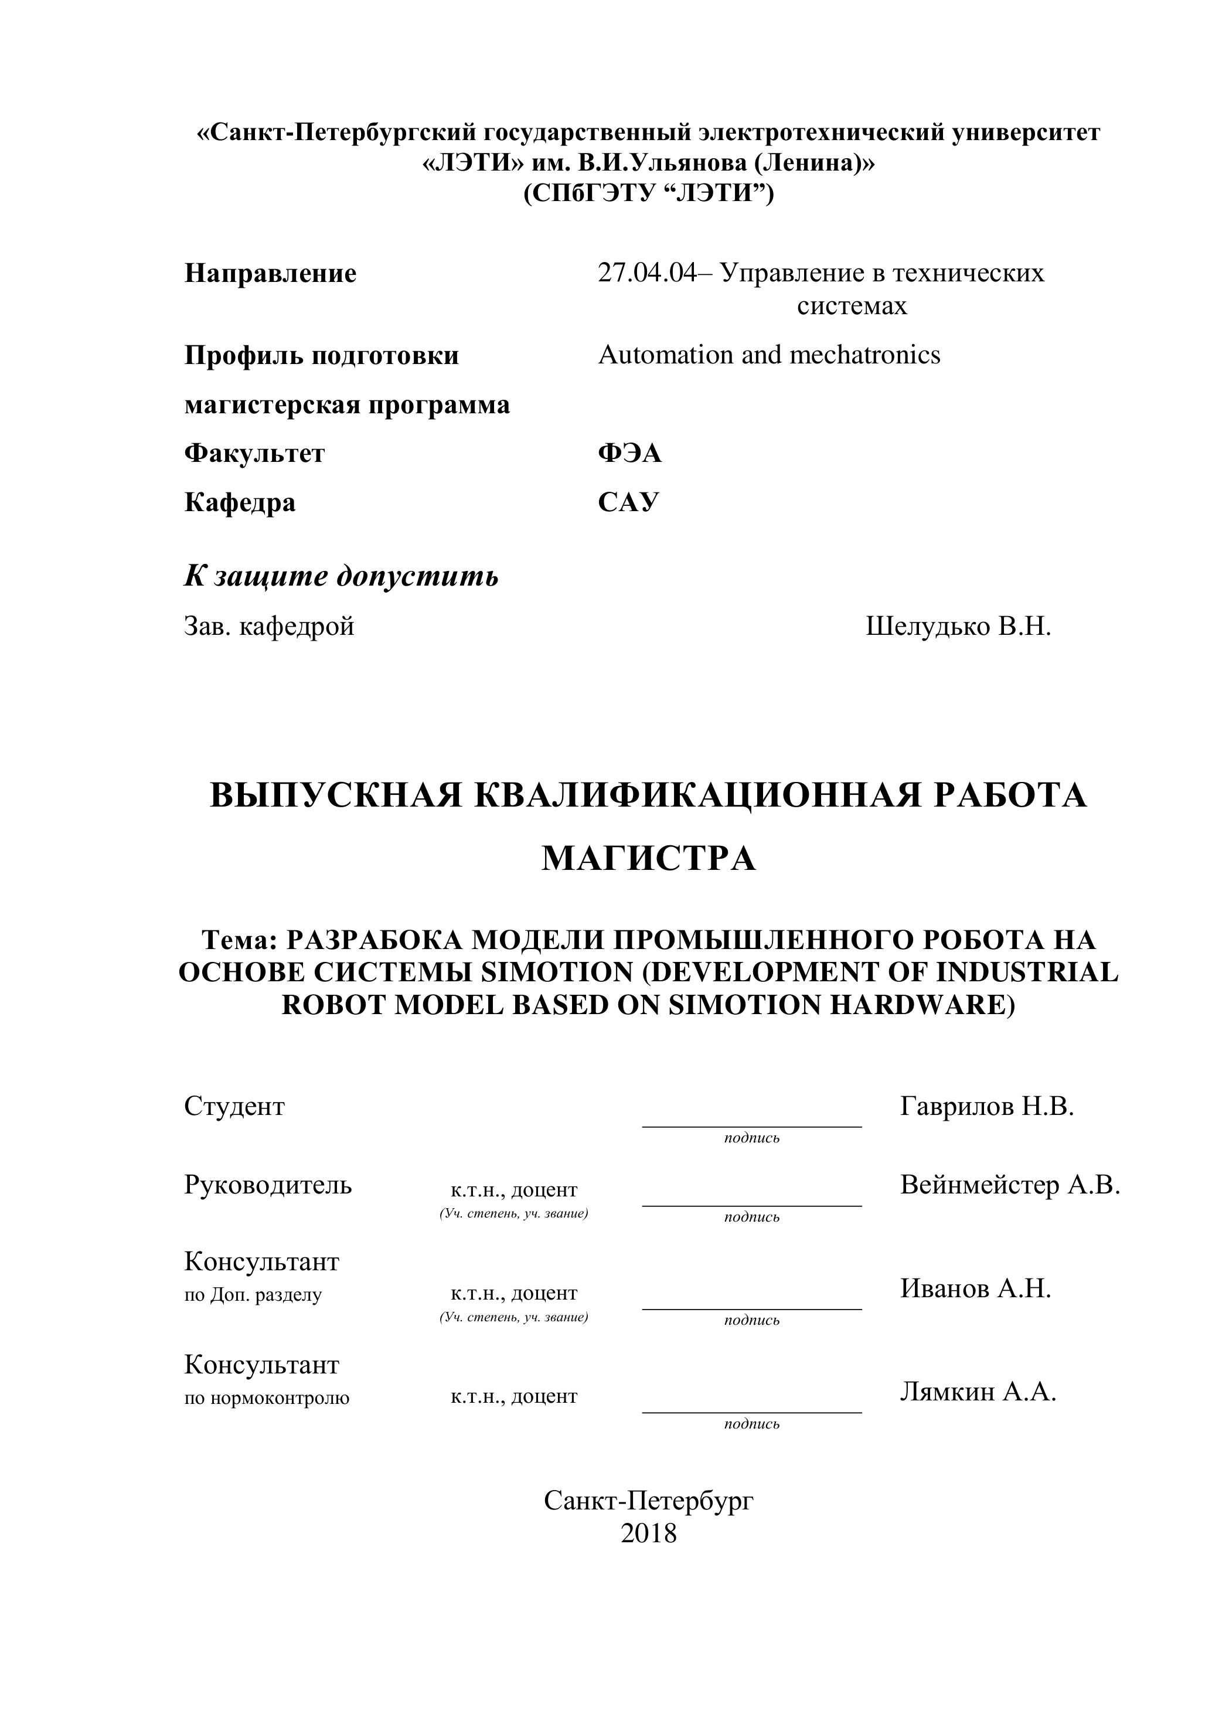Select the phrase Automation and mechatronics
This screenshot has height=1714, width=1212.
769,355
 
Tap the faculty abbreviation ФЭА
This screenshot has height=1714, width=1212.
629,453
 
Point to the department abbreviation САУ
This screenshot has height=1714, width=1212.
628,502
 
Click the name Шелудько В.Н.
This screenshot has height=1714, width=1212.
958,626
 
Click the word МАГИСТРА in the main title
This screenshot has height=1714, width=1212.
648,859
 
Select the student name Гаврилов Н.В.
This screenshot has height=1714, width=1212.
986,1106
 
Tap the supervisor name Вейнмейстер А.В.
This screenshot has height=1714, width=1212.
1010,1185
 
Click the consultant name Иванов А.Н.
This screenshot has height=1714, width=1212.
975,1288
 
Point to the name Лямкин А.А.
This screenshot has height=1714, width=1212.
978,1392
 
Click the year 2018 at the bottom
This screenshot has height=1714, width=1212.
648,1533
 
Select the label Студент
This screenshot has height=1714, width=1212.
234,1106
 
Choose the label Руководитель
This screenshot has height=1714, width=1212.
268,1185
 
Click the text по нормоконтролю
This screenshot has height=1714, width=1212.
267,1397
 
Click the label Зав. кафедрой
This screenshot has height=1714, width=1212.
268,626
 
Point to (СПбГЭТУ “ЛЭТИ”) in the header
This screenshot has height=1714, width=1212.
648,194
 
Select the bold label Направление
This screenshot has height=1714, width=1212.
270,273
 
